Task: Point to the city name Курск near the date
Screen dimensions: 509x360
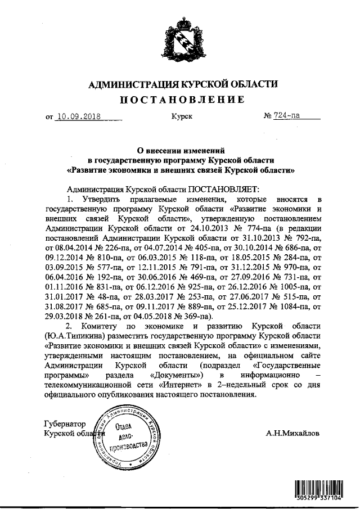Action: (181, 117)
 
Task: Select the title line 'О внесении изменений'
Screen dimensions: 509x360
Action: (181, 150)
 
